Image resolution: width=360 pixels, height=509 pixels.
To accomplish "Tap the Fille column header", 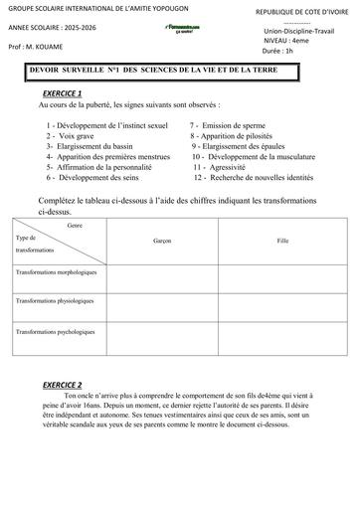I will coord(282,241).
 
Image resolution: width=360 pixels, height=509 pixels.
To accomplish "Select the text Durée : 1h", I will coord(275,49).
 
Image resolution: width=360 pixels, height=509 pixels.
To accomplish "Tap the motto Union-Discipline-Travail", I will coord(292,31).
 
